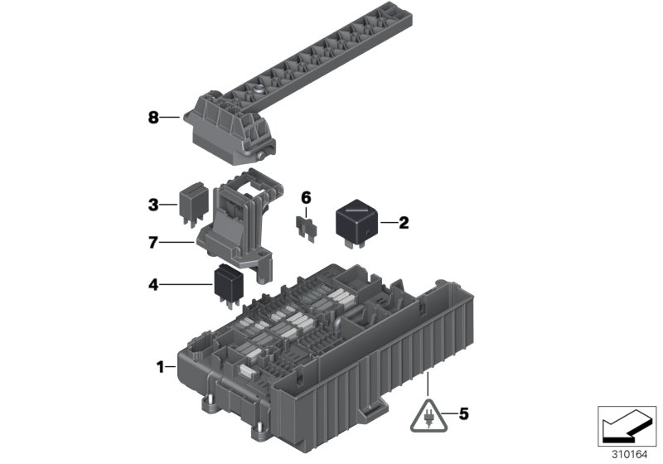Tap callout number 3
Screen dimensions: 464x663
pyautogui.click(x=152, y=203)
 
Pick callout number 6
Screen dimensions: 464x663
pyautogui.click(x=306, y=197)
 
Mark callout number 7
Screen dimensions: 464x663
pyautogui.click(x=152, y=243)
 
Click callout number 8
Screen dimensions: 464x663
pyautogui.click(x=153, y=118)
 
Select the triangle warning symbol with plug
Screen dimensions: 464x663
pyautogui.click(x=428, y=413)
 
